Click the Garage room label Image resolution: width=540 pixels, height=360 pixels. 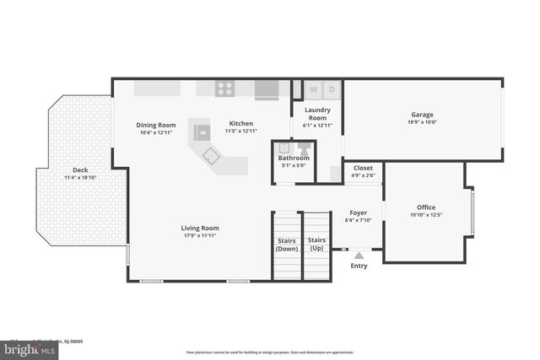click(x=422, y=115)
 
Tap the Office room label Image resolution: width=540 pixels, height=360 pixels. click(x=426, y=207)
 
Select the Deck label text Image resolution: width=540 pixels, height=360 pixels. click(x=80, y=169)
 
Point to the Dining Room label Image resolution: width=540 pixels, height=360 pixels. click(x=156, y=125)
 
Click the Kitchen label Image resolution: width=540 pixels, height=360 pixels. click(x=240, y=124)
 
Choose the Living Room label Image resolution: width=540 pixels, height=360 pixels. click(x=200, y=228)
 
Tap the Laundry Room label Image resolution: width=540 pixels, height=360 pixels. click(x=317, y=114)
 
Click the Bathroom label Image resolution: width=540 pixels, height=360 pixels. click(x=294, y=158)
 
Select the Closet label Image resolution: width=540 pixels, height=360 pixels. click(x=363, y=168)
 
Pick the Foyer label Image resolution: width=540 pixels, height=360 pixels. click(x=358, y=212)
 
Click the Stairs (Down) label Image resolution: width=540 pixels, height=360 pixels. click(x=287, y=244)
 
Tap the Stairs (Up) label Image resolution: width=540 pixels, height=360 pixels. click(x=316, y=244)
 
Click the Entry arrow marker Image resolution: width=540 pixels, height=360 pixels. click(x=359, y=254)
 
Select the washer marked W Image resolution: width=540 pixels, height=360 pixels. click(x=312, y=89)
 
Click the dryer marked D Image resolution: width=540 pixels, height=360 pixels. click(x=332, y=89)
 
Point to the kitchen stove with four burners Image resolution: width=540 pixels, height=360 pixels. click(x=225, y=87)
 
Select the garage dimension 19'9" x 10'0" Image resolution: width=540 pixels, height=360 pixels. click(x=422, y=122)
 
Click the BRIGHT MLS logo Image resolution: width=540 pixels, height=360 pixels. click(x=30, y=347)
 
